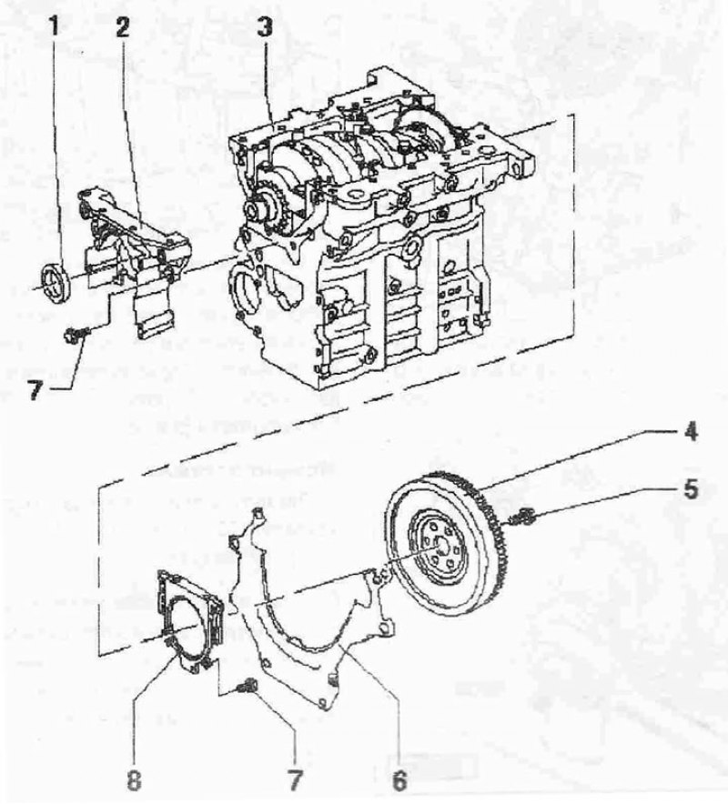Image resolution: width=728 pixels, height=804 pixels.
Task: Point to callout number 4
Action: pos(690,431)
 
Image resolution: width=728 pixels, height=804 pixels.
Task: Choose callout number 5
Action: pos(691,489)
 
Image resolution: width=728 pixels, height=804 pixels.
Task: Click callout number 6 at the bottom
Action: pos(399,781)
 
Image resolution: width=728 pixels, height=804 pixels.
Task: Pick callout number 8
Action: pos(134,781)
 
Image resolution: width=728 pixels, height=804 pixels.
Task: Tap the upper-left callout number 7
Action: pos(35,391)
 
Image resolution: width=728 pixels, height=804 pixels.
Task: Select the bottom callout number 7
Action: pos(294,781)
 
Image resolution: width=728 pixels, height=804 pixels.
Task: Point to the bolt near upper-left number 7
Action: pos(76,335)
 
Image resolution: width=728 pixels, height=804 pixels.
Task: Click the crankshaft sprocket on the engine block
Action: pos(267,206)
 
